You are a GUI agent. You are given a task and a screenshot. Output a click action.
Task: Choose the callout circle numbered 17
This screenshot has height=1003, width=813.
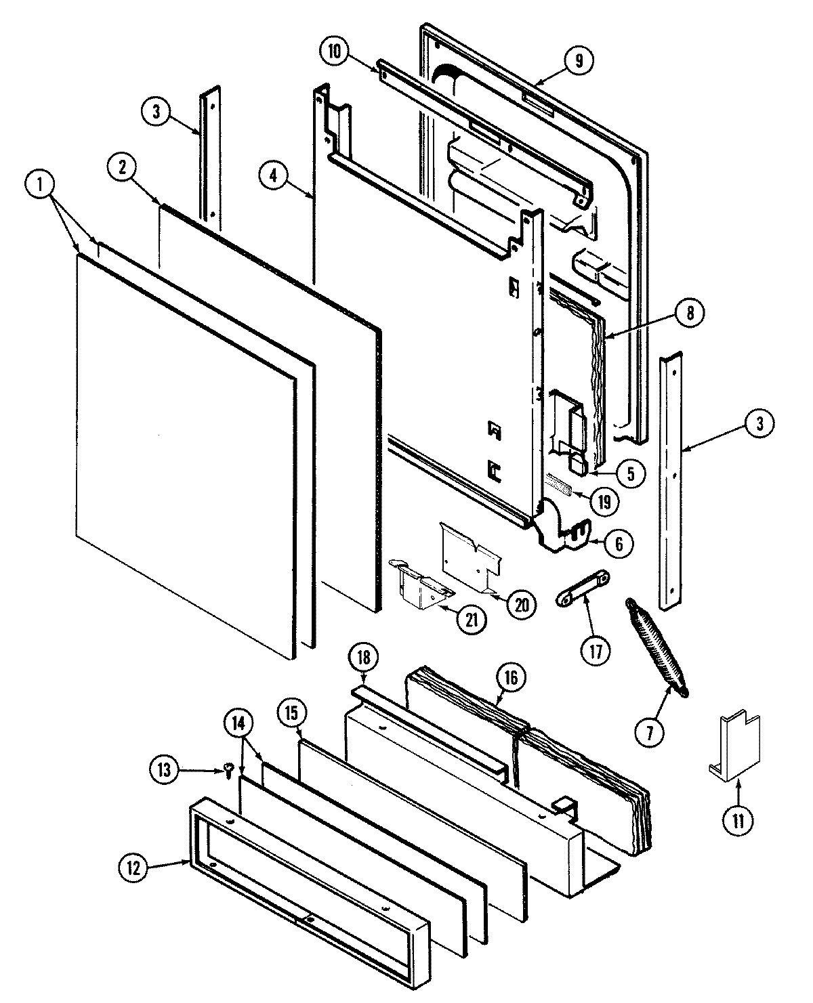point(595,651)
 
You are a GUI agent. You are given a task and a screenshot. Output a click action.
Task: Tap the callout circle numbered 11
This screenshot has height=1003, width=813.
point(738,821)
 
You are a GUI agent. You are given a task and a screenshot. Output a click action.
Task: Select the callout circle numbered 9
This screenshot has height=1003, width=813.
point(579,60)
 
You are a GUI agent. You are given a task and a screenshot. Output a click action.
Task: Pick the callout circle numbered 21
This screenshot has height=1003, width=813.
point(470,621)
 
